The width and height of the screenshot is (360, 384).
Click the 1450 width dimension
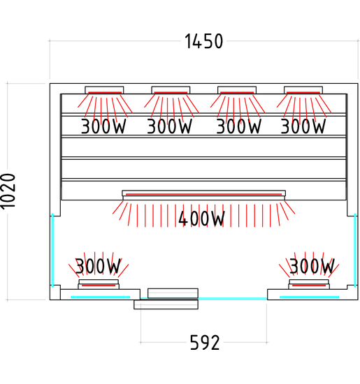(204, 41)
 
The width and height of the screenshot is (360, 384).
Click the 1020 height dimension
(8, 191)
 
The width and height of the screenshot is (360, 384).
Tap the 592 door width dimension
(205, 343)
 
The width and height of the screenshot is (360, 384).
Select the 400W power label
(201, 219)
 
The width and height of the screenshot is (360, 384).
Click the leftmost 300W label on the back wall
(103, 126)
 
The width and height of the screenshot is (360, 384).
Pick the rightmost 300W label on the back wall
(303, 126)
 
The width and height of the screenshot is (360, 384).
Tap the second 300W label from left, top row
(169, 126)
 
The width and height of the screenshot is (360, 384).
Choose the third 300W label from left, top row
(238, 126)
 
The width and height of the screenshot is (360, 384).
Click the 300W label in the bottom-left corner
(98, 266)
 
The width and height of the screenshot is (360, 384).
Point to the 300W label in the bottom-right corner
(312, 266)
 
